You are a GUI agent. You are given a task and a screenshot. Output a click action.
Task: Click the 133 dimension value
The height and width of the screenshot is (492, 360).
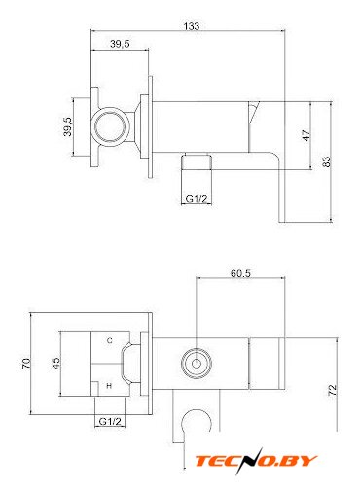(192, 26)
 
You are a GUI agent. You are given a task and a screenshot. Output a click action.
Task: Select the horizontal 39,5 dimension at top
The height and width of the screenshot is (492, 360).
(120, 44)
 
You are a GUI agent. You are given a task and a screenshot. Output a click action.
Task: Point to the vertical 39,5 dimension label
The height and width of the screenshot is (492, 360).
(67, 126)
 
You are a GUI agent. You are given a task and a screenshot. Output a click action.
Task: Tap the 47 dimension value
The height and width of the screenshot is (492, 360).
(306, 135)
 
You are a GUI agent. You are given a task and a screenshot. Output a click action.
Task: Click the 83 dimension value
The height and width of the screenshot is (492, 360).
(327, 161)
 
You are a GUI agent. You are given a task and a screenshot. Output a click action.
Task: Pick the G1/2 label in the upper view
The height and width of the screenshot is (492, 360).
(197, 198)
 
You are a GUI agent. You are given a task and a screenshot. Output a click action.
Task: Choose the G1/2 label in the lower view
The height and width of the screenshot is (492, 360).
(110, 421)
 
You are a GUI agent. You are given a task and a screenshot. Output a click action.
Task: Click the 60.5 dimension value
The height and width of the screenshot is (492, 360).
(240, 273)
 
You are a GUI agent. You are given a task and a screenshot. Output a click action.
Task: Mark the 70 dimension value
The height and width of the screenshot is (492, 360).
(26, 363)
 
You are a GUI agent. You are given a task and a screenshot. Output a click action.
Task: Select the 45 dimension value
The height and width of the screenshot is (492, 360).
(56, 363)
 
